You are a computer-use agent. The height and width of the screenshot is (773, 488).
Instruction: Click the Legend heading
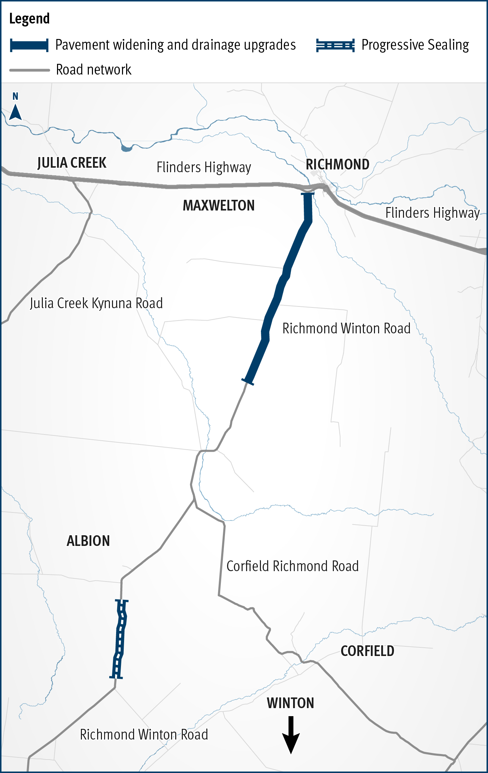29,19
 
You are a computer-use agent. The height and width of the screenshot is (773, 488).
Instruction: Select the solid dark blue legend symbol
29,46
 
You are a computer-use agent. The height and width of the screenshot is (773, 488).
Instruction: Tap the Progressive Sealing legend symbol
335,46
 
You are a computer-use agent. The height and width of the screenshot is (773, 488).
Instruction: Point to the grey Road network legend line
30,70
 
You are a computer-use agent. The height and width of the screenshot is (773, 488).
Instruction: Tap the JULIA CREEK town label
72,163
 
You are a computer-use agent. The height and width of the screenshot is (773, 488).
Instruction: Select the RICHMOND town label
337,165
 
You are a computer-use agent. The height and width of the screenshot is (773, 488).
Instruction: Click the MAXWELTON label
218,206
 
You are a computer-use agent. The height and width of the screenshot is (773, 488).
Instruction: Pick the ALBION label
88,541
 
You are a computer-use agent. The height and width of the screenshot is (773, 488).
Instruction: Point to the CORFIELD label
367,651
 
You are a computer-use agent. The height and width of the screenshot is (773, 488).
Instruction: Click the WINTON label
290,703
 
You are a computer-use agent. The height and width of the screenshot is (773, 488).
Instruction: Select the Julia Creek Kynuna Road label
96,303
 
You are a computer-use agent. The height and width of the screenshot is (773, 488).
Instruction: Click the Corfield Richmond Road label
292,566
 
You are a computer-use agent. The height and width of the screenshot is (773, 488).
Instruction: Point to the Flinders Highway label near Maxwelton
204,167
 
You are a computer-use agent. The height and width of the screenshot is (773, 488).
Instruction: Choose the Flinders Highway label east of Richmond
432,213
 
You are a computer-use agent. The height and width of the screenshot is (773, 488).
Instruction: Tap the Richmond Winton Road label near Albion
144,735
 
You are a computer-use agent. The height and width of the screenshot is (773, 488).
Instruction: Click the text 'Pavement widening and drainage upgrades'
176,45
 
